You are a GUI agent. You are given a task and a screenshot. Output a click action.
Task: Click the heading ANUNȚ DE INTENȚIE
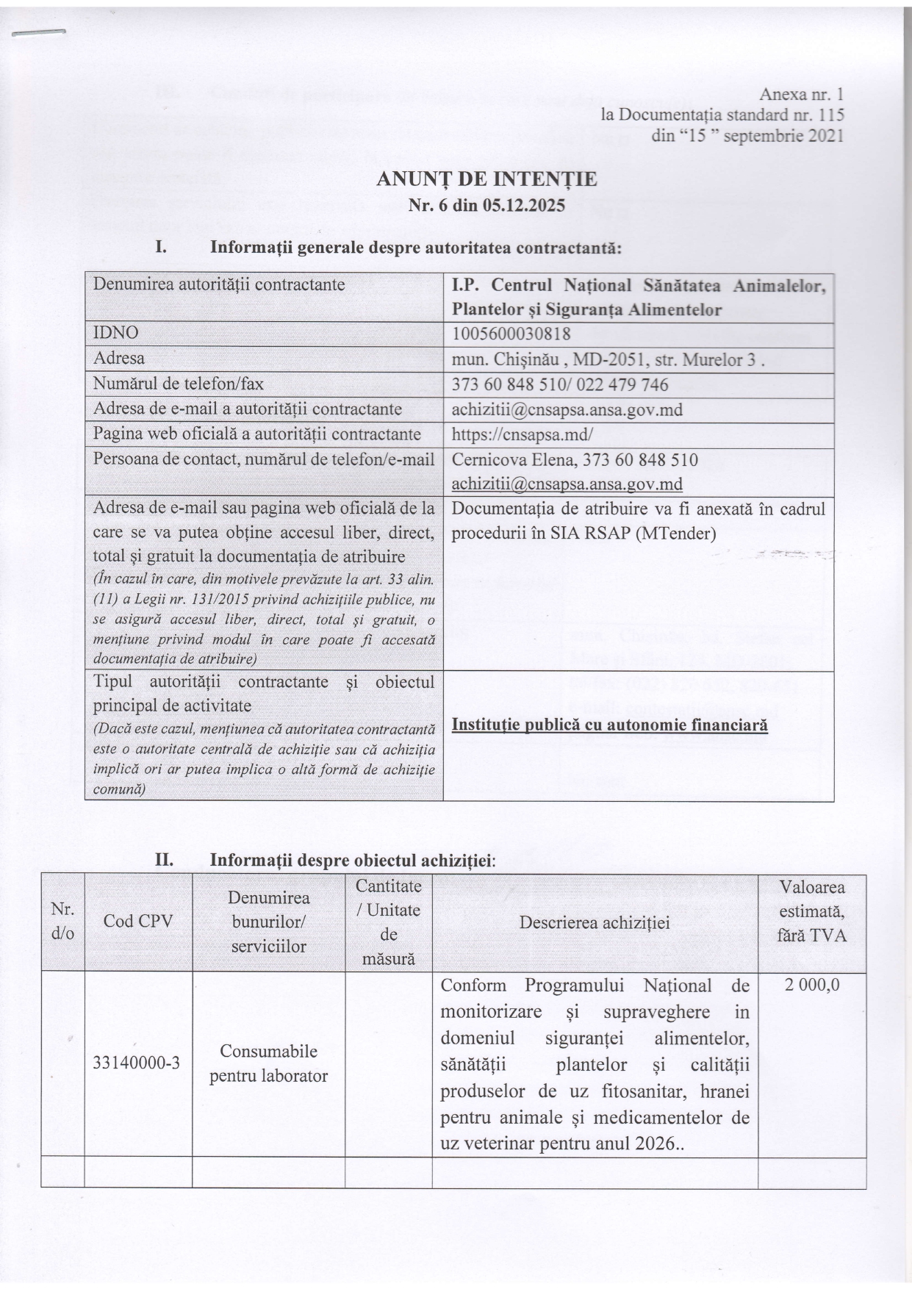pos(486,179)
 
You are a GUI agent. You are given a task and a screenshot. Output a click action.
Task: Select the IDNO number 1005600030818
pos(511,334)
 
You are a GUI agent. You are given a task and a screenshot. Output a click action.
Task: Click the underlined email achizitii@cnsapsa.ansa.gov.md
pos(567,484)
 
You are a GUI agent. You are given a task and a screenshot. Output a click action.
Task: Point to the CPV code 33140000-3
pos(137,1063)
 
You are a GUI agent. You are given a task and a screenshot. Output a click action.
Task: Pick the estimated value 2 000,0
pos(811,985)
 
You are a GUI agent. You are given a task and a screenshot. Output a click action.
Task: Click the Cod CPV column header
pos(138,921)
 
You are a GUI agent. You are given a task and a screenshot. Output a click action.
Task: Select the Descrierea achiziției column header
pos(595,922)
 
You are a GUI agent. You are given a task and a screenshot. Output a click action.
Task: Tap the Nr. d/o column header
pos(62,921)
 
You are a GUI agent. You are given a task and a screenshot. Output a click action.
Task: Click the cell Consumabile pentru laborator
pos(268,1063)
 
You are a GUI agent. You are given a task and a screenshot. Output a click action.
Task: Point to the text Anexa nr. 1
pos(802,95)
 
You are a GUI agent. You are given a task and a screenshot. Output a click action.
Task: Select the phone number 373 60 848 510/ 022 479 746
pos(560,384)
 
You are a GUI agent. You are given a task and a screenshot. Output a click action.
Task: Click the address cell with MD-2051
pos(608,359)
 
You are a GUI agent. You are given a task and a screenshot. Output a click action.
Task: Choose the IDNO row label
pos(115,333)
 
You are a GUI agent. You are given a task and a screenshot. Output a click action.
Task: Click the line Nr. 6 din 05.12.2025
pos(486,205)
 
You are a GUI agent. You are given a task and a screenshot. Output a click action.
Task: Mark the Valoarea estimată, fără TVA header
pos(811,911)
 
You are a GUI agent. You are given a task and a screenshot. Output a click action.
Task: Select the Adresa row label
pos(119,359)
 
